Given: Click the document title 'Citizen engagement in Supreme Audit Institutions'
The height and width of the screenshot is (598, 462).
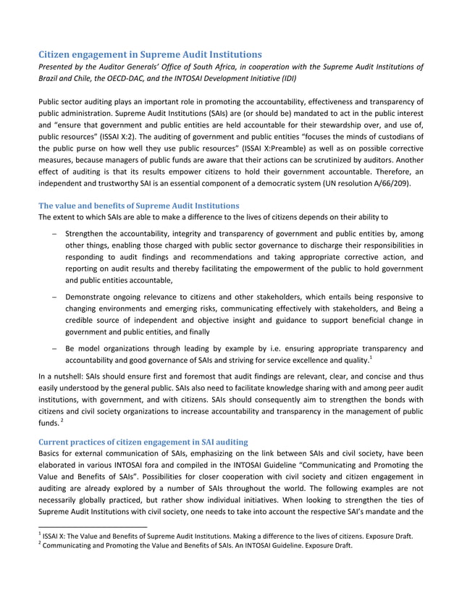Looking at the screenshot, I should [x=150, y=54].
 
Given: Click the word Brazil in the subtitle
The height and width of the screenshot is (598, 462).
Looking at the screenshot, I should [x=49, y=79].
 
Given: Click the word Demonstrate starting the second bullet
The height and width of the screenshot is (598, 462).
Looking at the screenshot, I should [x=92, y=297].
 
